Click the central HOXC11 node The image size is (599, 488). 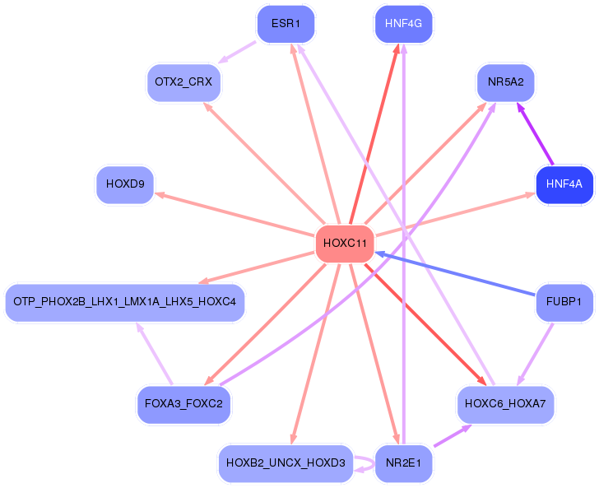345,244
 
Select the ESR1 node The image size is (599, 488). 286,24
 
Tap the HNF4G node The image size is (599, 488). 403,24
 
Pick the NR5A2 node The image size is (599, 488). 506,82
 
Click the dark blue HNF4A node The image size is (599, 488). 564,184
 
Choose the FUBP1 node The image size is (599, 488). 564,303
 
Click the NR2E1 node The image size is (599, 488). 402,463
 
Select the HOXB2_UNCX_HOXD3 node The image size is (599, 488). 286,463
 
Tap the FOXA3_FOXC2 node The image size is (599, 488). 183,404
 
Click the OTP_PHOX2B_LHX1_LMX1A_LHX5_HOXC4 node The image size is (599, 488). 125,303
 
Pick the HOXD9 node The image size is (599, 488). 125,184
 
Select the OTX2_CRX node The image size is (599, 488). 183,82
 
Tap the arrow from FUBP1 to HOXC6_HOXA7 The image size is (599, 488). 535,354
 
